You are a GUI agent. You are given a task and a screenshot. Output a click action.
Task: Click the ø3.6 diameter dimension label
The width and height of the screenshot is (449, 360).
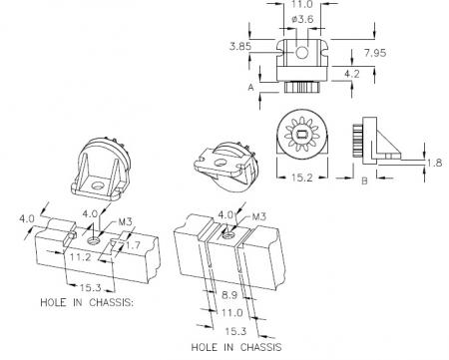click(302, 19)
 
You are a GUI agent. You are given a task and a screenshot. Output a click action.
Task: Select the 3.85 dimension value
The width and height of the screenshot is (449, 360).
click(240, 46)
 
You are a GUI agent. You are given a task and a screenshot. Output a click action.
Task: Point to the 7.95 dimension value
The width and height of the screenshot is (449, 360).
click(375, 53)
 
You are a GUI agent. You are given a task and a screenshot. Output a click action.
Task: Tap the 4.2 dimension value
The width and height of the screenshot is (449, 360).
click(352, 74)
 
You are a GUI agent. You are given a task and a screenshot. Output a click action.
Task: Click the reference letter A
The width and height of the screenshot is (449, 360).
click(251, 88)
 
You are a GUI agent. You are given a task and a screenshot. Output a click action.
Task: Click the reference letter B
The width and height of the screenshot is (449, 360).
click(364, 181)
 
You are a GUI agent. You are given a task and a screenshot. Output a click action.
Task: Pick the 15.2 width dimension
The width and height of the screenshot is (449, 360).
click(302, 178)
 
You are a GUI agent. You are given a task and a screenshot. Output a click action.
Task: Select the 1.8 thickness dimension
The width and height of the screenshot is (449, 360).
click(435, 163)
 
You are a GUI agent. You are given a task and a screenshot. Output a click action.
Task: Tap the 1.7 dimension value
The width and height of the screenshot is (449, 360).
click(133, 245)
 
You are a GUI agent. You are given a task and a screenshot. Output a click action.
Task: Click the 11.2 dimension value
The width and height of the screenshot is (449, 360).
click(80, 256)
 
